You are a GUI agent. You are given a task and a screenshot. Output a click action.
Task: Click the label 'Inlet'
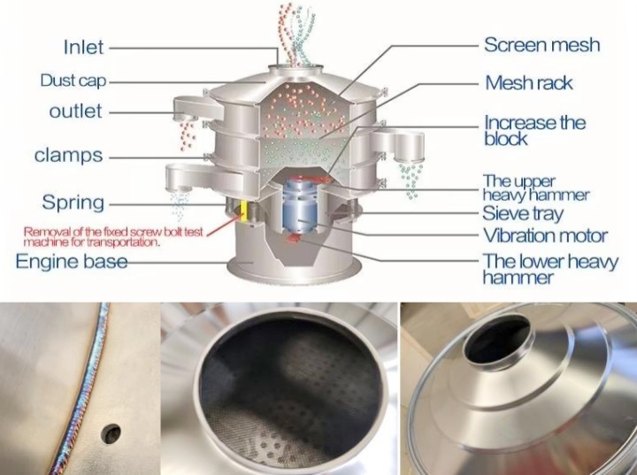point(84,47)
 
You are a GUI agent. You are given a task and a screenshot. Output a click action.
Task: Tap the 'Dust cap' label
point(73,80)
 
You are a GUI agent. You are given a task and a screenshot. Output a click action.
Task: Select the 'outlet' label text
point(75,111)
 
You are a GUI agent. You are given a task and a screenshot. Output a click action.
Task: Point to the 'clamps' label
point(68,155)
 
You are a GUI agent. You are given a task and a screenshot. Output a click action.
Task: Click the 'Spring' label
point(73,202)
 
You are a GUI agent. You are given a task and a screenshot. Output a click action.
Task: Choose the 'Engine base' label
point(72,261)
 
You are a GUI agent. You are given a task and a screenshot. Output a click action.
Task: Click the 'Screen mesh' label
point(542,44)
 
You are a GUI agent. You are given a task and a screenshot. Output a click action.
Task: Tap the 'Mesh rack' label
point(529,83)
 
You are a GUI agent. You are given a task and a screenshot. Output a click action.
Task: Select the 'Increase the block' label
point(534,130)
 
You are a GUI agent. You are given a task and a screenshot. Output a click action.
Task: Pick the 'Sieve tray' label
point(523,213)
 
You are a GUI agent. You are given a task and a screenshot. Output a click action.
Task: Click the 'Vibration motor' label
point(545,235)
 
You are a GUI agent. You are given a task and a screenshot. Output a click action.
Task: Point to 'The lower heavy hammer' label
point(550,269)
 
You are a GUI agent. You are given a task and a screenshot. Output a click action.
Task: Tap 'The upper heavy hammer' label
point(536,188)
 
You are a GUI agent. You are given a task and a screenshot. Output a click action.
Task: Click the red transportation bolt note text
point(113,237)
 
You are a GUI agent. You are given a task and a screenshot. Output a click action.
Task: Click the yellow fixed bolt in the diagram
point(244,211)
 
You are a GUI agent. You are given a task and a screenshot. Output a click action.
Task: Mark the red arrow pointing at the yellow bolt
point(226,225)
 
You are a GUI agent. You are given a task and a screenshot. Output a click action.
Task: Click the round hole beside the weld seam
point(111,433)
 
